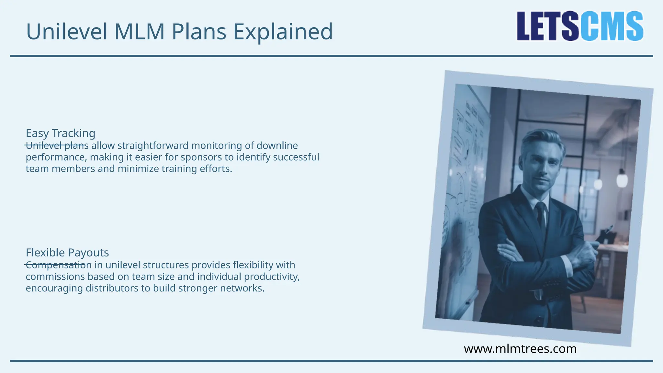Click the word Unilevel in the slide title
pos(66,32)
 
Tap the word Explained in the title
pos(283,32)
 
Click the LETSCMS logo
pos(580,26)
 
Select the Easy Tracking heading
pos(61,133)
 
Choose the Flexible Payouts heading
pos(67,253)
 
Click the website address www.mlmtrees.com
pos(520,349)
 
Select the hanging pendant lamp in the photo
pos(622,178)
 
